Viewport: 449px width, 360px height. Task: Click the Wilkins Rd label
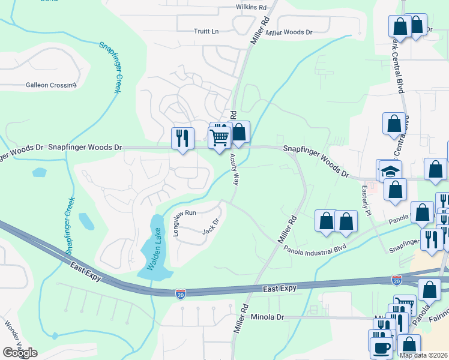point(250,7)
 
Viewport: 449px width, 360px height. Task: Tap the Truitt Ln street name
point(206,31)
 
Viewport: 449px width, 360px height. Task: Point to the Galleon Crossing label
point(51,85)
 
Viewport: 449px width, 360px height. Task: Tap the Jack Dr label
point(209,227)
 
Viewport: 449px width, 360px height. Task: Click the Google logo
point(20,353)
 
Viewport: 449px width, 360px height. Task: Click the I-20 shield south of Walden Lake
point(181,293)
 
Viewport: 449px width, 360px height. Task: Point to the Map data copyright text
point(423,355)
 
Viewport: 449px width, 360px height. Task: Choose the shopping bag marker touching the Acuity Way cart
point(239,132)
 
